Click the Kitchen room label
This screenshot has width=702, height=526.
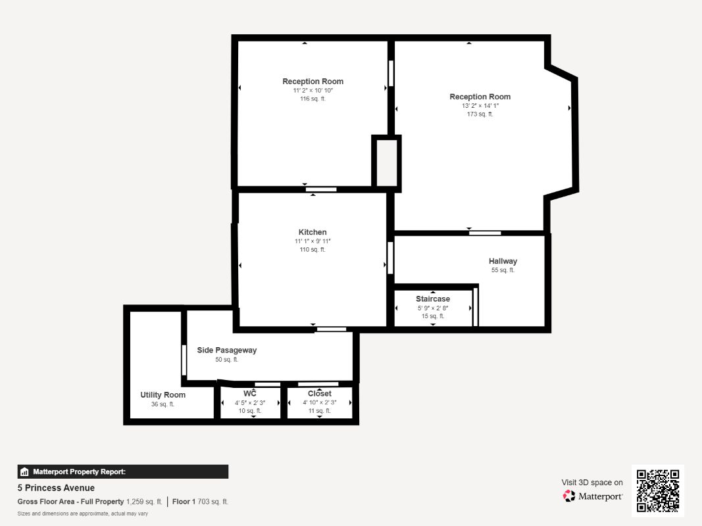tap(313, 232)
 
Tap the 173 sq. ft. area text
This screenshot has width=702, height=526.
tap(480, 114)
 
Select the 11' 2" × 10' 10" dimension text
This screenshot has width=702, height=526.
tap(313, 91)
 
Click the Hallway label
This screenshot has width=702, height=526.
tap(503, 261)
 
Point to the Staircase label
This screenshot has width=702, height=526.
tap(433, 299)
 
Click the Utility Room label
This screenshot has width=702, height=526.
tap(163, 395)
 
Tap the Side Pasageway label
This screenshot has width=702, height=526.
tap(227, 350)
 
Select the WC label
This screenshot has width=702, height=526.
tap(249, 393)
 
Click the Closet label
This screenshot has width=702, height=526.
tap(320, 394)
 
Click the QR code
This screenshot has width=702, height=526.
tap(657, 490)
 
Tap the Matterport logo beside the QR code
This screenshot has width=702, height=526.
tap(593, 496)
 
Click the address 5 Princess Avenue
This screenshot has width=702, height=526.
tap(56, 488)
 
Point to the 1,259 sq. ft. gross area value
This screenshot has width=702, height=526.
tap(144, 502)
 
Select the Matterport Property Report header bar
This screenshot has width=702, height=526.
tap(123, 471)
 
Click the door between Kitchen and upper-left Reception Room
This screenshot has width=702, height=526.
tap(321, 189)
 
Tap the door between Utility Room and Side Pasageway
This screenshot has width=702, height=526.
tap(184, 360)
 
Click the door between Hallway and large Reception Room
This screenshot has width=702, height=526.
tap(485, 233)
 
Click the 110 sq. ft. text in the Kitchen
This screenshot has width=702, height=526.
tap(313, 250)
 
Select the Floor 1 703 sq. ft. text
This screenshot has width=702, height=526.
tap(200, 502)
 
